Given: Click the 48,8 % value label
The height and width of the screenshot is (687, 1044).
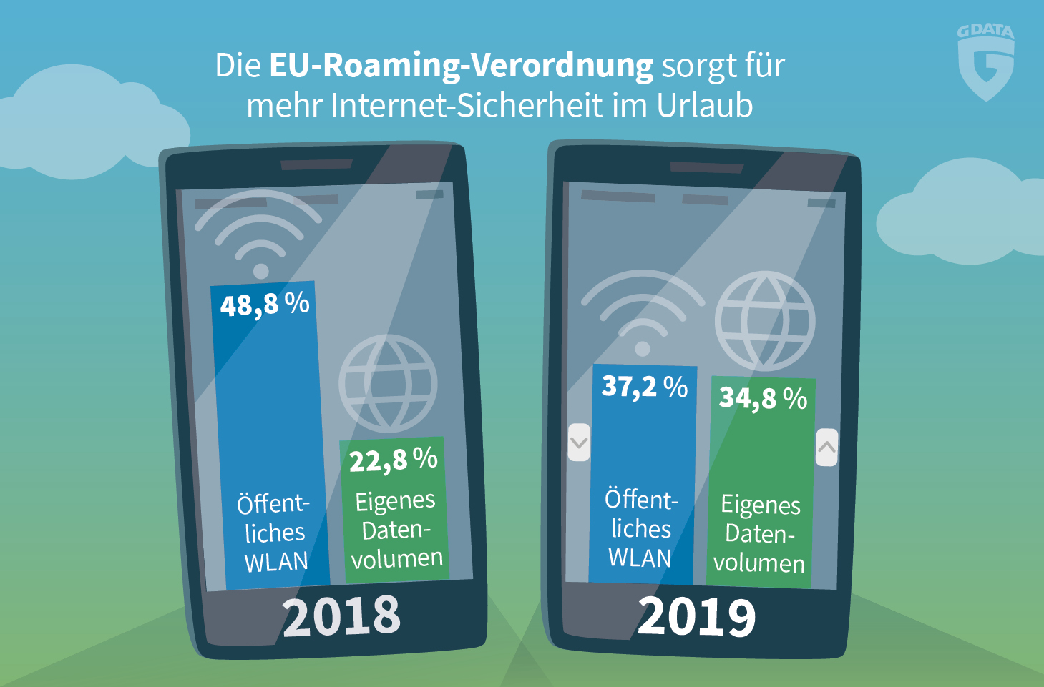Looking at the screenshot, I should pos(264,305).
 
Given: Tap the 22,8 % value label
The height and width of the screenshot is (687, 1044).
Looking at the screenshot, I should pos(393,460).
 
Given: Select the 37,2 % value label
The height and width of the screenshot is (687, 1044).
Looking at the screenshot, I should pos(644,387).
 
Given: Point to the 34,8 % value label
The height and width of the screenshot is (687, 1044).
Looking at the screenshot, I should pos(763,398).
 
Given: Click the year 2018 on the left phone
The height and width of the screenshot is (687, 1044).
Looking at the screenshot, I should pos(341,616).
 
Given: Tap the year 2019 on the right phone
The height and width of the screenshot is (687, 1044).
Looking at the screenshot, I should pos(696,617).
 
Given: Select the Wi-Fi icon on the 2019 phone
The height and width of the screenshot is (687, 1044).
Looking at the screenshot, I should pos(642,311).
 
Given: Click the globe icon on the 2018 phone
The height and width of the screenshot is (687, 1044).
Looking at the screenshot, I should pos(388,384).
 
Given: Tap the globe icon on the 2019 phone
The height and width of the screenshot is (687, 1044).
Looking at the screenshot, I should pos(764,320).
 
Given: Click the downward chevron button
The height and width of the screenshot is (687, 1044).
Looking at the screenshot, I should pos(579,443).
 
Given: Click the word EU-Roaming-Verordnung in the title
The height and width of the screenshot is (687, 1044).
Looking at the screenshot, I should pos(461,66).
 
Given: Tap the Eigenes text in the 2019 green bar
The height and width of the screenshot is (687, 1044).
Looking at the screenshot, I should pos(760,505).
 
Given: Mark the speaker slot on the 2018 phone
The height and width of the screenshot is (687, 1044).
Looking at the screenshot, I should pos(316,164).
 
